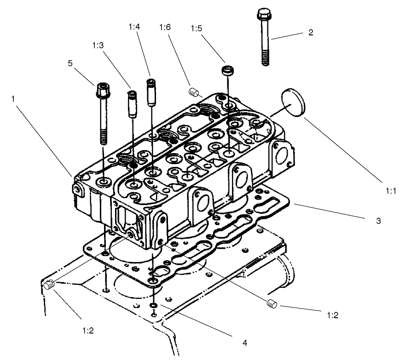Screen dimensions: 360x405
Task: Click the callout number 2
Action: pyautogui.click(x=311, y=33)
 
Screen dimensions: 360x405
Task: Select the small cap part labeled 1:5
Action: pyautogui.click(x=227, y=71)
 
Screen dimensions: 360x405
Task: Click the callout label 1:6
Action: pyautogui.click(x=165, y=28)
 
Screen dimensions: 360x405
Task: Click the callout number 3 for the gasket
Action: pyautogui.click(x=378, y=221)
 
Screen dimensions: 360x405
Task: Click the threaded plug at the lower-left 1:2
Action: pyautogui.click(x=50, y=286)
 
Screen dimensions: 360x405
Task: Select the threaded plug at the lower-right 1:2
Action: pyautogui.click(x=271, y=303)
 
